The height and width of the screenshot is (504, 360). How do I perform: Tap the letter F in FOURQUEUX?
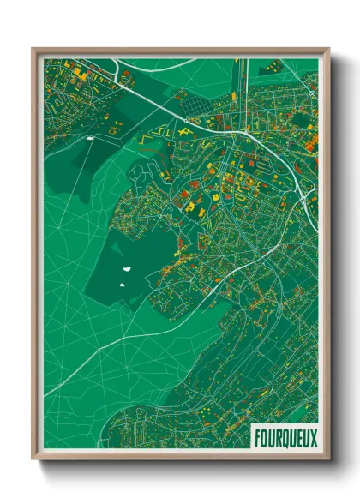[x=256, y=436]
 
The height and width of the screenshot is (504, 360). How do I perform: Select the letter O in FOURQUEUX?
[x=263, y=436]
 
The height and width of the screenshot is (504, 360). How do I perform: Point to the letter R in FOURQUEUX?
[x=277, y=436]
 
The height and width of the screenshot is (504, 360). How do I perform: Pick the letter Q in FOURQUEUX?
[x=284, y=436]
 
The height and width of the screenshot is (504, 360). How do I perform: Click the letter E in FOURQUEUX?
[x=297, y=436]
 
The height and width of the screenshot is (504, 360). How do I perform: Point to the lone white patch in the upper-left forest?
[x=90, y=135]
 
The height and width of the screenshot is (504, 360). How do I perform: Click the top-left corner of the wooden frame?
[x=33, y=49]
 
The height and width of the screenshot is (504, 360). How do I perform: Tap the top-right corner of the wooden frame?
[x=327, y=49]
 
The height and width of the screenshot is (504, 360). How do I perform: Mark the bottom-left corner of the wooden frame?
[x=33, y=459]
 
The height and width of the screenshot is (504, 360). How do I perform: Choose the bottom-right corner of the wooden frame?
[x=327, y=459]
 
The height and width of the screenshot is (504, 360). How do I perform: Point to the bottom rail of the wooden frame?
[x=180, y=455]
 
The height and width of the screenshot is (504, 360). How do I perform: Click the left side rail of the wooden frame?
[x=36, y=257]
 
